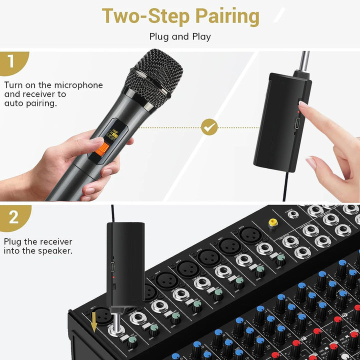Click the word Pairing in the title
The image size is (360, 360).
tap(227, 16)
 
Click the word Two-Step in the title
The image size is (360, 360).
tap(146, 16)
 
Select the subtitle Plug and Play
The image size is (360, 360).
tap(180, 36)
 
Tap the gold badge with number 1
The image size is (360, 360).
tap(11, 63)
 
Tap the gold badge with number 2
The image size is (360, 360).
tap(13, 217)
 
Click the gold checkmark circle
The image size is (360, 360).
tap(209, 127)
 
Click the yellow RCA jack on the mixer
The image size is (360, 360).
tap(272, 224)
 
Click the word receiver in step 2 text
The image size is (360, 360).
tap(59, 241)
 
